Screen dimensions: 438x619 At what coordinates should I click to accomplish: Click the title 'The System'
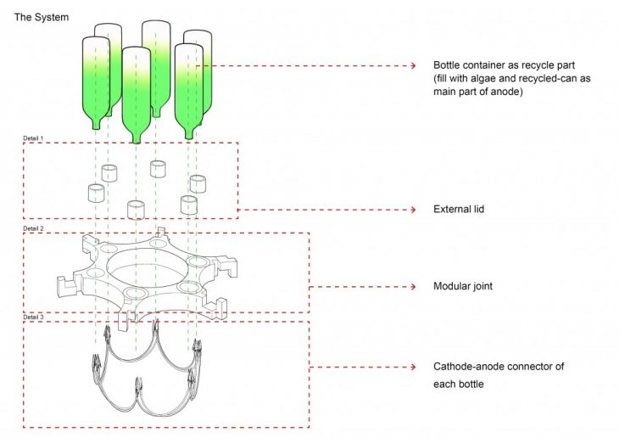(x=42, y=16)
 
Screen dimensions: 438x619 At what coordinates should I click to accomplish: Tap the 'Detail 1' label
(x=34, y=138)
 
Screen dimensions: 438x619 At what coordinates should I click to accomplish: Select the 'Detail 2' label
(x=34, y=229)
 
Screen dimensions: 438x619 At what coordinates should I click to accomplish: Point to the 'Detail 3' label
(x=34, y=317)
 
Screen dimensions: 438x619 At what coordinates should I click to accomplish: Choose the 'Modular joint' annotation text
(x=462, y=287)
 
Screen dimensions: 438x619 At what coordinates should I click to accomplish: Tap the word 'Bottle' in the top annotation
(x=447, y=65)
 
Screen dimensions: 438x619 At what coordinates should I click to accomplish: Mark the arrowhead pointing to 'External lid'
(x=410, y=209)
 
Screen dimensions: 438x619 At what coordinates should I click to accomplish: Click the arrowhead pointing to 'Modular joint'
(x=410, y=287)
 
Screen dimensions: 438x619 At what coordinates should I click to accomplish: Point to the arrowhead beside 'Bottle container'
(x=410, y=65)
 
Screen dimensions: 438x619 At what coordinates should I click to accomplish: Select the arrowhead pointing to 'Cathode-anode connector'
(x=410, y=367)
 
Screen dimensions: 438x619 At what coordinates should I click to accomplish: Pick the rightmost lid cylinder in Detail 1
(x=198, y=183)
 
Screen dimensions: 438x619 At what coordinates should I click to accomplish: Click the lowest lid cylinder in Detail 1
(x=136, y=209)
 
